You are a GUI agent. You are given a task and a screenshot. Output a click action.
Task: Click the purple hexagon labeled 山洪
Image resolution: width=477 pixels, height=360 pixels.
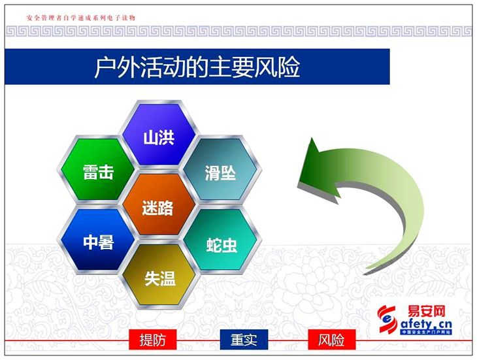point(159,135)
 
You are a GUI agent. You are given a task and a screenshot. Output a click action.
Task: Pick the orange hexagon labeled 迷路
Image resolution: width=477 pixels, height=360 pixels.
point(159,205)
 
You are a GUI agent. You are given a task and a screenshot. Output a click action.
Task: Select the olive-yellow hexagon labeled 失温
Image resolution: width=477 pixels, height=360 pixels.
point(160,274)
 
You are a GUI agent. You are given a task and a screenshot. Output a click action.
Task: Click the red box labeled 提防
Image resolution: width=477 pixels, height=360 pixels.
point(152,339)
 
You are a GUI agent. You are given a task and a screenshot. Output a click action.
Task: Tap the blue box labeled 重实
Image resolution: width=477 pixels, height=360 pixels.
point(244,339)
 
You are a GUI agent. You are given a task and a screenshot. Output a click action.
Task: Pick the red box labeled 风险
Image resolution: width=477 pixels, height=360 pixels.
point(331,339)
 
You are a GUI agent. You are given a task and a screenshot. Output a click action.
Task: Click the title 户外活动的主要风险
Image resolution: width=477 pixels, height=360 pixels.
point(197,67)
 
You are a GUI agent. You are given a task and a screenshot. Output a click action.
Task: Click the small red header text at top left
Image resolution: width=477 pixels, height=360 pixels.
point(80,18)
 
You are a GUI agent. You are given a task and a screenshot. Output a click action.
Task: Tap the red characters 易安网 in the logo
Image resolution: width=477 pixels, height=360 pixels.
point(426,312)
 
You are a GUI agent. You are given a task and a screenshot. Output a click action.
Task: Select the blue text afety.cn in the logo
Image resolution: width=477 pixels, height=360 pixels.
point(425,324)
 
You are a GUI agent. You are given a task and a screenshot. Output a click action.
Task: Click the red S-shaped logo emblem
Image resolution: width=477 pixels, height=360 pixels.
point(387,319)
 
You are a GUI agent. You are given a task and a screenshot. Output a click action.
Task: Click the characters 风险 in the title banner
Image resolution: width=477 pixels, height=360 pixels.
point(278,67)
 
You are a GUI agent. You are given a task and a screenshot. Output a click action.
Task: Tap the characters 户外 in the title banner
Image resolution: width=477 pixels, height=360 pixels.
point(117,67)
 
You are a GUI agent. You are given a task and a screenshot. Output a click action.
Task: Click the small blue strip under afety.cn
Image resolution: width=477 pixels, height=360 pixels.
point(426,332)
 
